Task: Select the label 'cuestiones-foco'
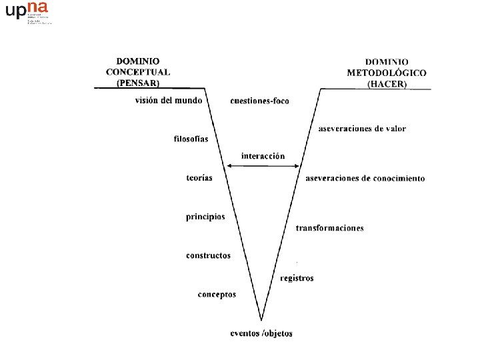[260, 101]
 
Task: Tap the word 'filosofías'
[191, 139]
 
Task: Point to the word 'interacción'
[263, 156]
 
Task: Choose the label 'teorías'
[199, 178]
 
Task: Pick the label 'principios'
[205, 217]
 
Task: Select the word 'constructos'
[208, 255]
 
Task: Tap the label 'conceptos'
[217, 294]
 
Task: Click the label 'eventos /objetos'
[261, 333]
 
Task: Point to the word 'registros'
[297, 278]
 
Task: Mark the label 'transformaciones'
[329, 228]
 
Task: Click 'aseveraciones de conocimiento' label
[365, 178]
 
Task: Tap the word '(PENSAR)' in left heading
[138, 83]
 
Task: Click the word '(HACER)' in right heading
[387, 84]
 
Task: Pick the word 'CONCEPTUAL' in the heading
[138, 72]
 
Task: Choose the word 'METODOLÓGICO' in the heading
[387, 73]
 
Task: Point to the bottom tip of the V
[261, 319]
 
